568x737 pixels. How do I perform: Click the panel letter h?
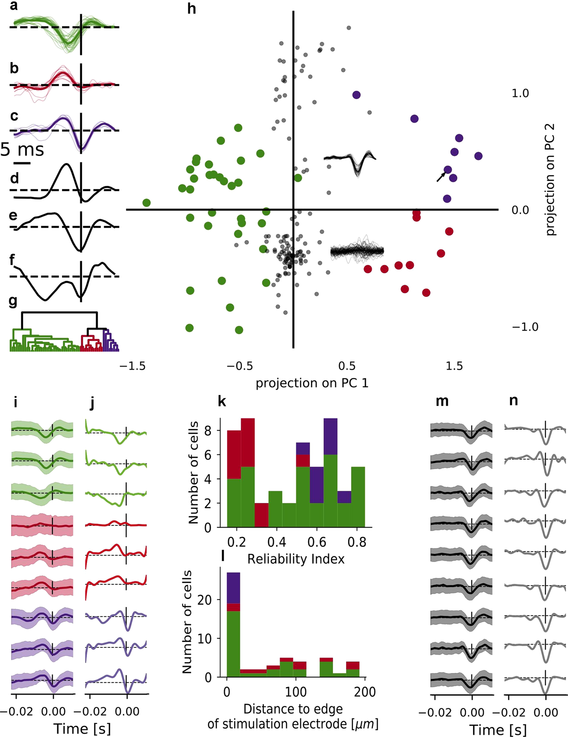[192, 9]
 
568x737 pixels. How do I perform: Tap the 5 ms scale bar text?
[22, 150]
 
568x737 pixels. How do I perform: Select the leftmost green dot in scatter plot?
[147, 203]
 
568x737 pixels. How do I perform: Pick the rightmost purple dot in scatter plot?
[478, 156]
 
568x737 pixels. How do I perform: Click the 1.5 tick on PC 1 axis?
[454, 366]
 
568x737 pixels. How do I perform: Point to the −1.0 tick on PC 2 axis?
[525, 327]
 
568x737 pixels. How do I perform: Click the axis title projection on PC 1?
[312, 383]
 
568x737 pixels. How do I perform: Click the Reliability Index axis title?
[296, 559]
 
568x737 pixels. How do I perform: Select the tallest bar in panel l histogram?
[233, 644]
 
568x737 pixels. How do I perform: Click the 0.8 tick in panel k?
[357, 542]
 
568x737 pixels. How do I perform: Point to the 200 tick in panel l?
[364, 692]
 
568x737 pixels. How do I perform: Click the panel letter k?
[222, 402]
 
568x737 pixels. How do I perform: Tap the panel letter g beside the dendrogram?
[13, 301]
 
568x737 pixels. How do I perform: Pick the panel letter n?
[513, 400]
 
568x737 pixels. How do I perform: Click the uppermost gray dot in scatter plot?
[349, 28]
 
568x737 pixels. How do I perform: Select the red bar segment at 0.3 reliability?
[261, 515]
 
